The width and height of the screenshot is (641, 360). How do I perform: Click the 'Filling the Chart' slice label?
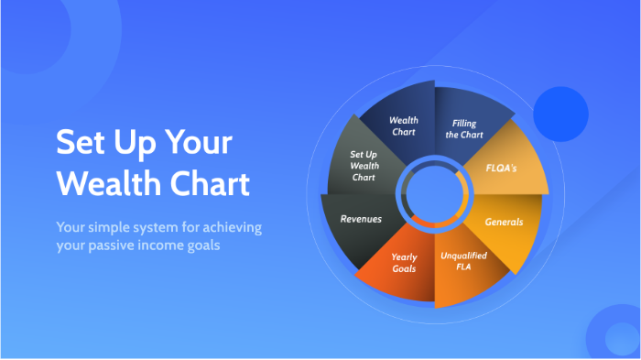pyautogui.click(x=465, y=129)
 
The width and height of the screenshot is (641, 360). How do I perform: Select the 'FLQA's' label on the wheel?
pyautogui.click(x=503, y=168)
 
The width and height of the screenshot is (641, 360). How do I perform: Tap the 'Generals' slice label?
pyautogui.click(x=503, y=221)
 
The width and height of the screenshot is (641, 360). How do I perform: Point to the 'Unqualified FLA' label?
pyautogui.click(x=463, y=262)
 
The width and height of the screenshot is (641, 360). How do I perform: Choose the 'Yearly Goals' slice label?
pyautogui.click(x=404, y=263)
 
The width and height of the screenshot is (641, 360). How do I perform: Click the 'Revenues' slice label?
pyautogui.click(x=361, y=219)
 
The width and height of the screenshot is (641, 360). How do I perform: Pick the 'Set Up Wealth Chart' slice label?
pyautogui.click(x=364, y=166)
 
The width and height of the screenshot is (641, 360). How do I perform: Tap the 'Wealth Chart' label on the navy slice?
pyautogui.click(x=404, y=125)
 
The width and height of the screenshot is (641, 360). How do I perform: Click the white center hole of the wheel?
pyautogui.click(x=434, y=193)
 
